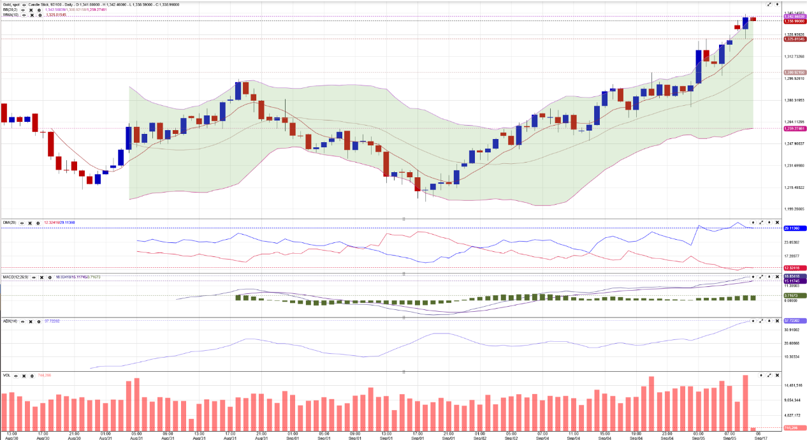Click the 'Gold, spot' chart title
[10, 4]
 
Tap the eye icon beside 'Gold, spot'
[24, 4]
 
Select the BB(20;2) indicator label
[10, 10]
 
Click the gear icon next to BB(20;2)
[40, 10]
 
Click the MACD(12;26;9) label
[15, 277]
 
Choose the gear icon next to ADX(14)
[40, 321]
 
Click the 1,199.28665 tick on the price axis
[794, 209]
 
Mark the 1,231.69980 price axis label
[794, 166]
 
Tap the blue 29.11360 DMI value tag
[791, 228]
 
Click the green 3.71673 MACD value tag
[791, 296]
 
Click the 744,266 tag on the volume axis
[791, 427]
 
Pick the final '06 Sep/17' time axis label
[758, 436]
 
